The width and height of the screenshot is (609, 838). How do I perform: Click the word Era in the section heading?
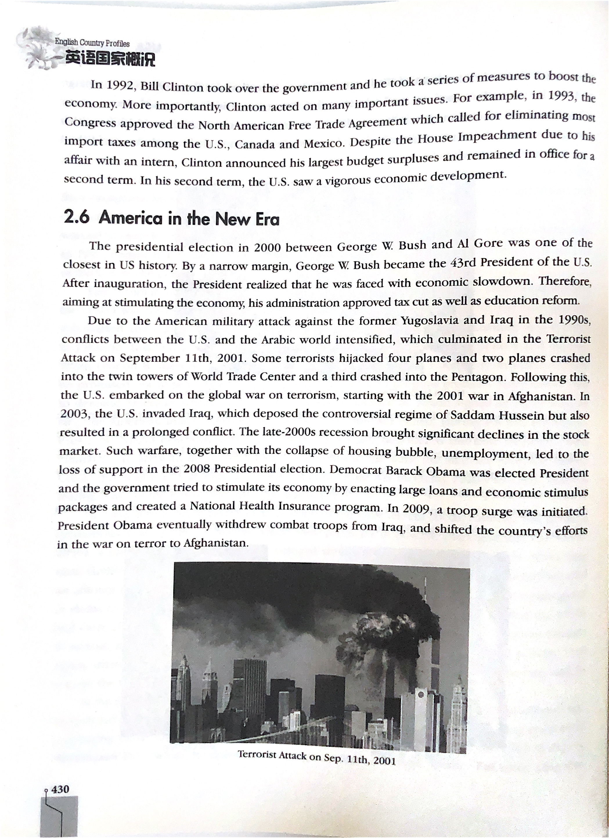pyautogui.click(x=267, y=220)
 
